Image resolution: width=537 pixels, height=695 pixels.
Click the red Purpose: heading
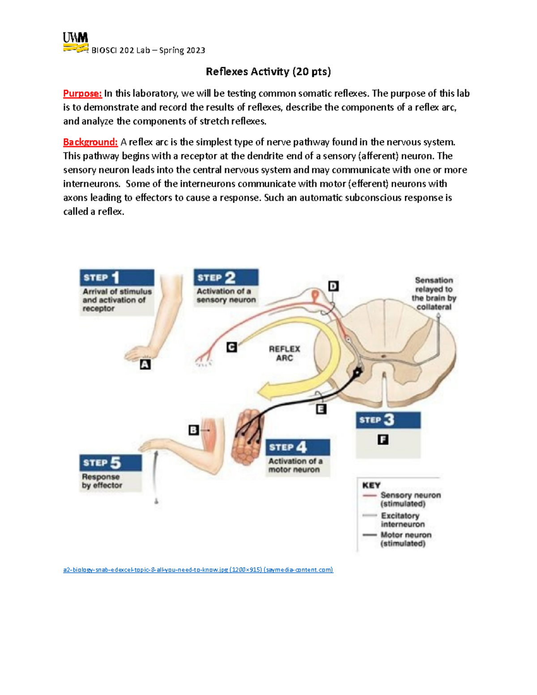[82, 94]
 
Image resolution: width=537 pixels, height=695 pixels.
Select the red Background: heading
[90, 142]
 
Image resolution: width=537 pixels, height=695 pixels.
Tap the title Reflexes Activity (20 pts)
[268, 72]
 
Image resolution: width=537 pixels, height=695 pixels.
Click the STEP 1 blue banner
[117, 277]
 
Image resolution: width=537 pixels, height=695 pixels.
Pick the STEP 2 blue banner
[226, 277]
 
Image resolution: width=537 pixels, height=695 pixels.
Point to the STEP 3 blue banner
[388, 420]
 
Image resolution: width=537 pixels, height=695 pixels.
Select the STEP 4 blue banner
[298, 447]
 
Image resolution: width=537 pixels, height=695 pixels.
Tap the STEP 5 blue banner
[111, 463]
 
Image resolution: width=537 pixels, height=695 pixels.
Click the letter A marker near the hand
[145, 365]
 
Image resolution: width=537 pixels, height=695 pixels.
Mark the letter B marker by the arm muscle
[193, 430]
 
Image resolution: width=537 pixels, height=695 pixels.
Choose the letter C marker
[231, 347]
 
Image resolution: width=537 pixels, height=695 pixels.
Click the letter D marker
[333, 286]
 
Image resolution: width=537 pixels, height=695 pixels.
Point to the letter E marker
[321, 409]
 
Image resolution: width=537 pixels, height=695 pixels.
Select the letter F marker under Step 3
[383, 440]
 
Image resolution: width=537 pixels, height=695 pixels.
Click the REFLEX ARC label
[284, 353]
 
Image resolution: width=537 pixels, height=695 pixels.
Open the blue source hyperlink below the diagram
[198, 570]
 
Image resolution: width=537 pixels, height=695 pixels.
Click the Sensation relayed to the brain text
[434, 294]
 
